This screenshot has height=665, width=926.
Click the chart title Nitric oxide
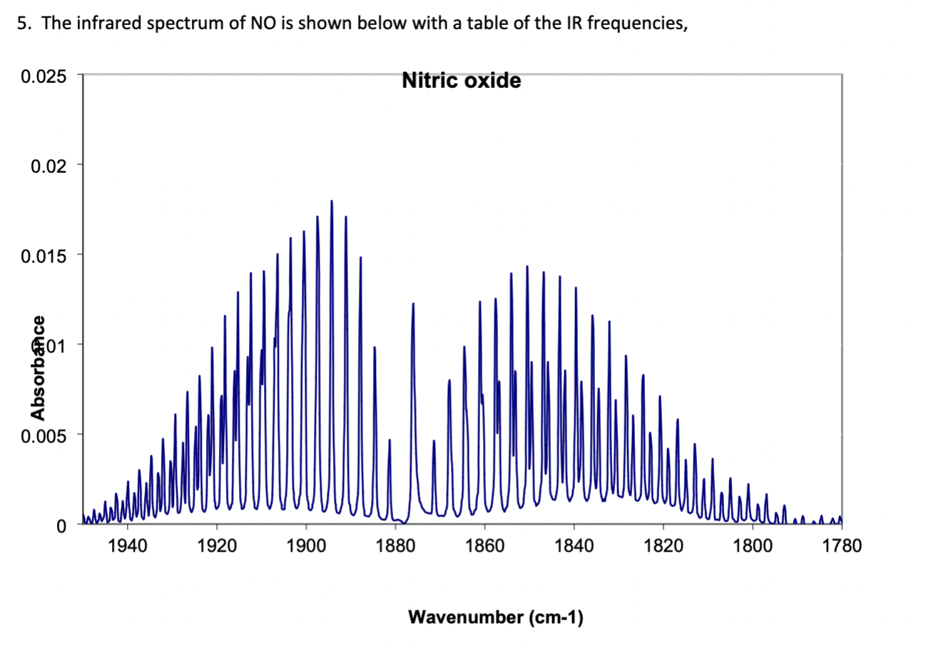point(461,81)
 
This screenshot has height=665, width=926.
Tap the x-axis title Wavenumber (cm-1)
point(495,617)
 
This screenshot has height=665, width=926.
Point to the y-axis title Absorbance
point(39,367)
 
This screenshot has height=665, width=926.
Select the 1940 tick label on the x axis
point(128,547)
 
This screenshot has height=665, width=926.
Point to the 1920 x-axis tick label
point(217,547)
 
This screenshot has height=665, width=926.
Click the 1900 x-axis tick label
point(306,547)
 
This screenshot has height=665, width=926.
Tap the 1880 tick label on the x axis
point(395,547)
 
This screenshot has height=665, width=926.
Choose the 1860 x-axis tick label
point(485,547)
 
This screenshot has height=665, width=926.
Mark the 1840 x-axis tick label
point(574,547)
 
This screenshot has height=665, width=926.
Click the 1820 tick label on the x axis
point(663,547)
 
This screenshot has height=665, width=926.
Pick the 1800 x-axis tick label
point(753,547)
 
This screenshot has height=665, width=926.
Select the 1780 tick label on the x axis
point(842,547)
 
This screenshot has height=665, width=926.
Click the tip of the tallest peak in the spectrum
point(332,201)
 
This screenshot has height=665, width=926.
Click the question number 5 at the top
point(22,23)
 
